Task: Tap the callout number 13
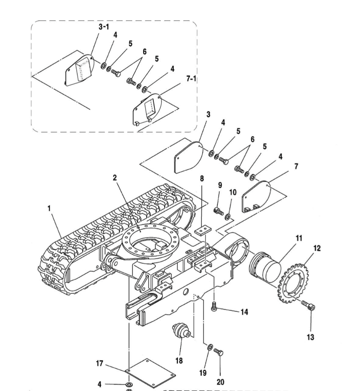coord(311,337)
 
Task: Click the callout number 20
coord(220,382)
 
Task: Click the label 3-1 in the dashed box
coord(104,27)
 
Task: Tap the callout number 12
coord(317,248)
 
